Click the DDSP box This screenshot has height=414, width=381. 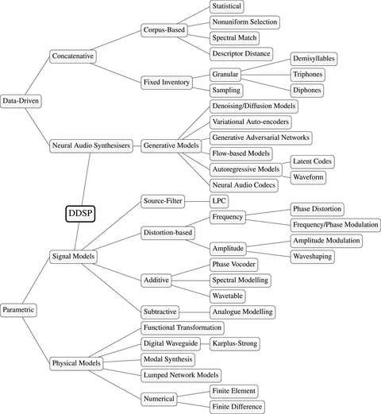[80, 213]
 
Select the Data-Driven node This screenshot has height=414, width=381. [21, 101]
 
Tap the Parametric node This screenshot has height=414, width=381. [19, 308]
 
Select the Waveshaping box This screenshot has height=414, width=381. [313, 257]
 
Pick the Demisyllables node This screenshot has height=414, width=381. [314, 59]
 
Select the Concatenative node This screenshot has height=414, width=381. [73, 56]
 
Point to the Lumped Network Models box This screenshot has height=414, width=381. [180, 374]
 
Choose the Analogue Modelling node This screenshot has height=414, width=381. [241, 312]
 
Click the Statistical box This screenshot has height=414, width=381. [228, 6]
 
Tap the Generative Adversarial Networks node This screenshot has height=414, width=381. [260, 137]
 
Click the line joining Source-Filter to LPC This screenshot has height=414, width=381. [197, 200]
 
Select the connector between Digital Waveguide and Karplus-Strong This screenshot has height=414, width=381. [199, 343]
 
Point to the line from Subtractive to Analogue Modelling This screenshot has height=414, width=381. [197, 312]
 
